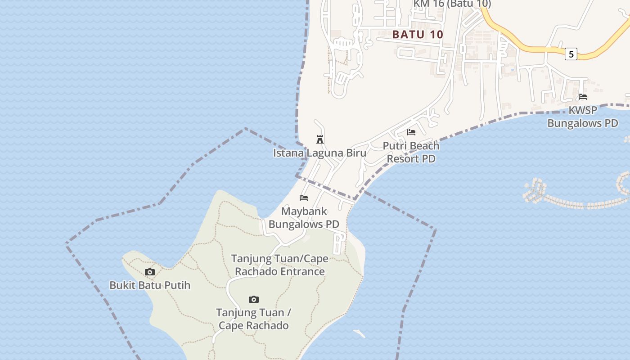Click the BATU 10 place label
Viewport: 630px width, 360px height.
pos(418,34)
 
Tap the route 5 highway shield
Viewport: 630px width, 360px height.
pos(571,54)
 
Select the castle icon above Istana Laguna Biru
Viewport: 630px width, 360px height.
pos(320,139)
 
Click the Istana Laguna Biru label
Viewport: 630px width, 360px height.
pos(319,153)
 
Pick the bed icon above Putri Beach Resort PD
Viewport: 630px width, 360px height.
pos(411,132)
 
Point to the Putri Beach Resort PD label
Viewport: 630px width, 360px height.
pos(411,152)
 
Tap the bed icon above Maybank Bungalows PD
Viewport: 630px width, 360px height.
pos(304,198)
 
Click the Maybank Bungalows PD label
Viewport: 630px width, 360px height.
pos(304,217)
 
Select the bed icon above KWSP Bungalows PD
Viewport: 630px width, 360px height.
pos(583,97)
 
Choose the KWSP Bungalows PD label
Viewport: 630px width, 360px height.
pos(583,117)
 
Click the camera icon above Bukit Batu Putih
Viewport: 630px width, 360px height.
pos(150,272)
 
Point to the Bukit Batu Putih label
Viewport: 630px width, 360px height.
pos(150,285)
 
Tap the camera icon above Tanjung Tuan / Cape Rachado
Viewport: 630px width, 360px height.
pos(254,299)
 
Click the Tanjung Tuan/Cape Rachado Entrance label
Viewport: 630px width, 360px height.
pos(279,265)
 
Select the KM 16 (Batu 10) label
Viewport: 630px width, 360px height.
pos(452,4)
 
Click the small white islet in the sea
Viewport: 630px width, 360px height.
pos(359,333)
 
